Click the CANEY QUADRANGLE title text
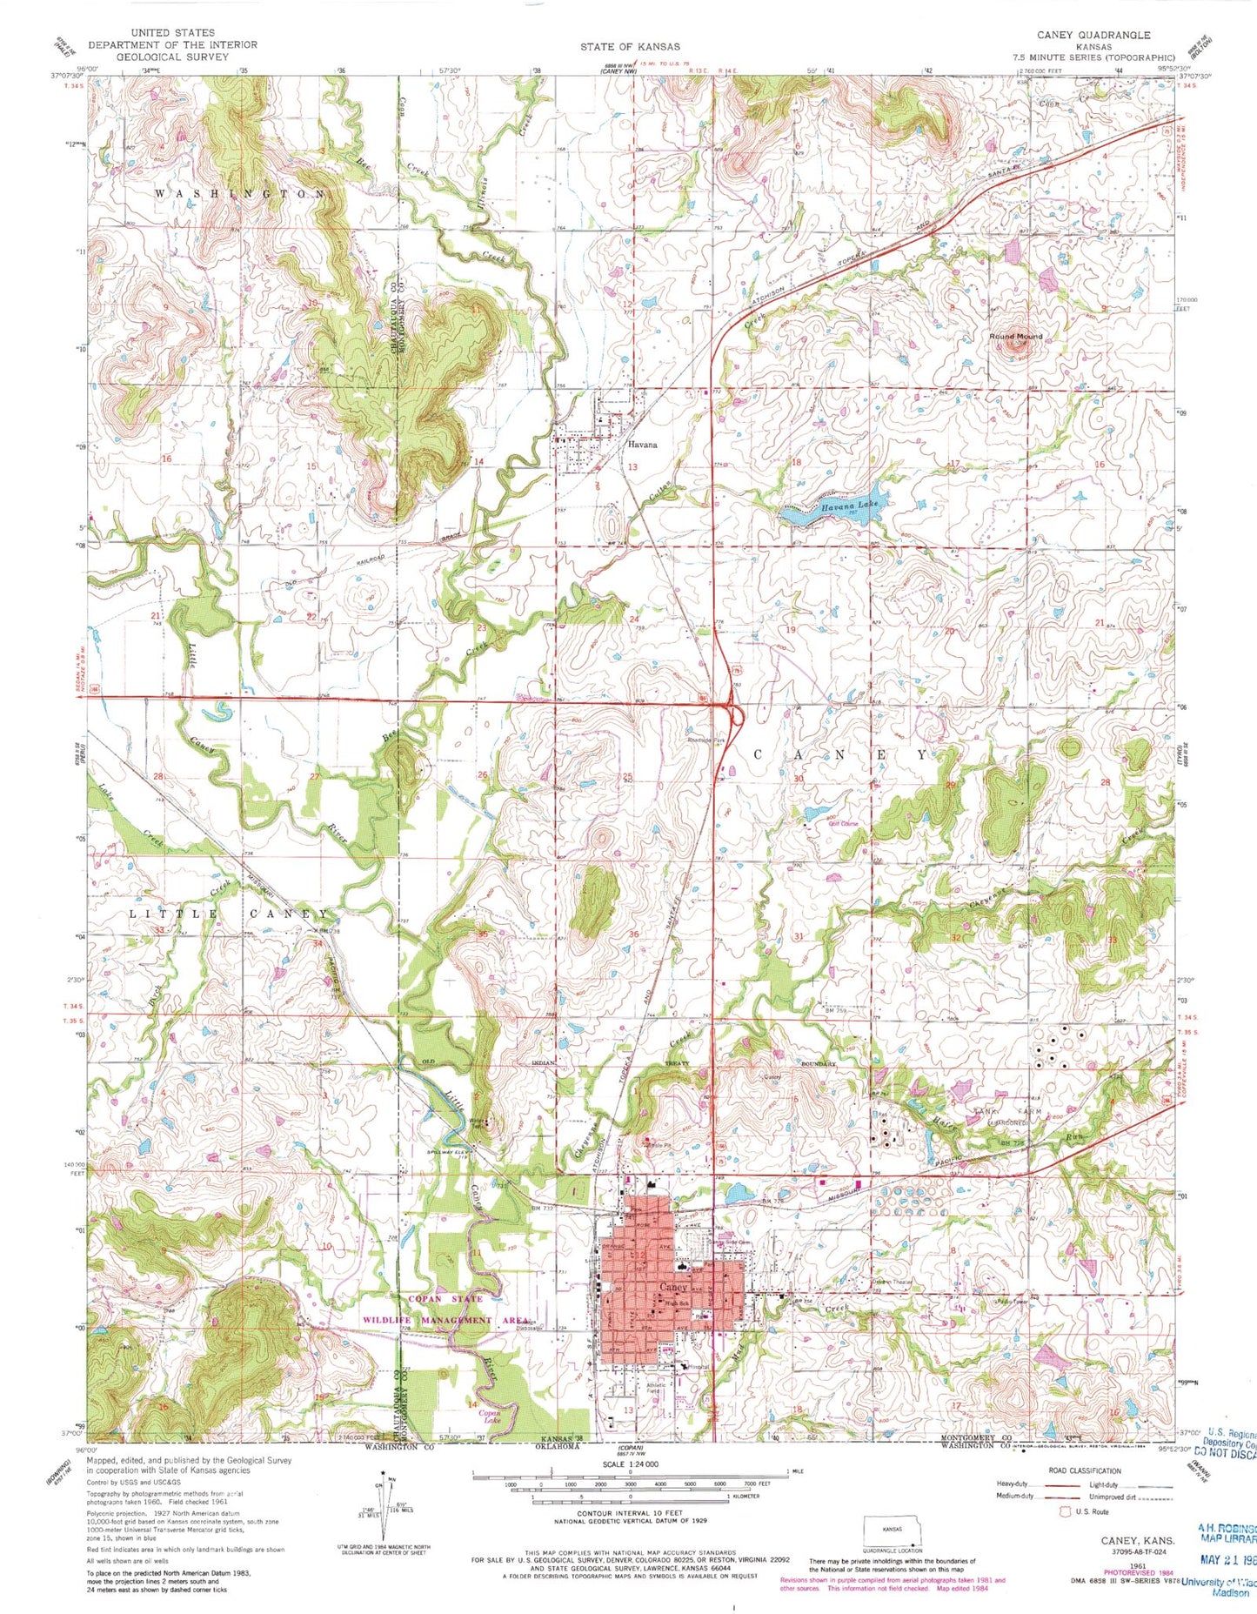[1093, 35]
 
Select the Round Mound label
[1014, 336]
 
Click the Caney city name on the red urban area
[673, 1287]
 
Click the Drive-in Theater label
[888, 1282]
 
